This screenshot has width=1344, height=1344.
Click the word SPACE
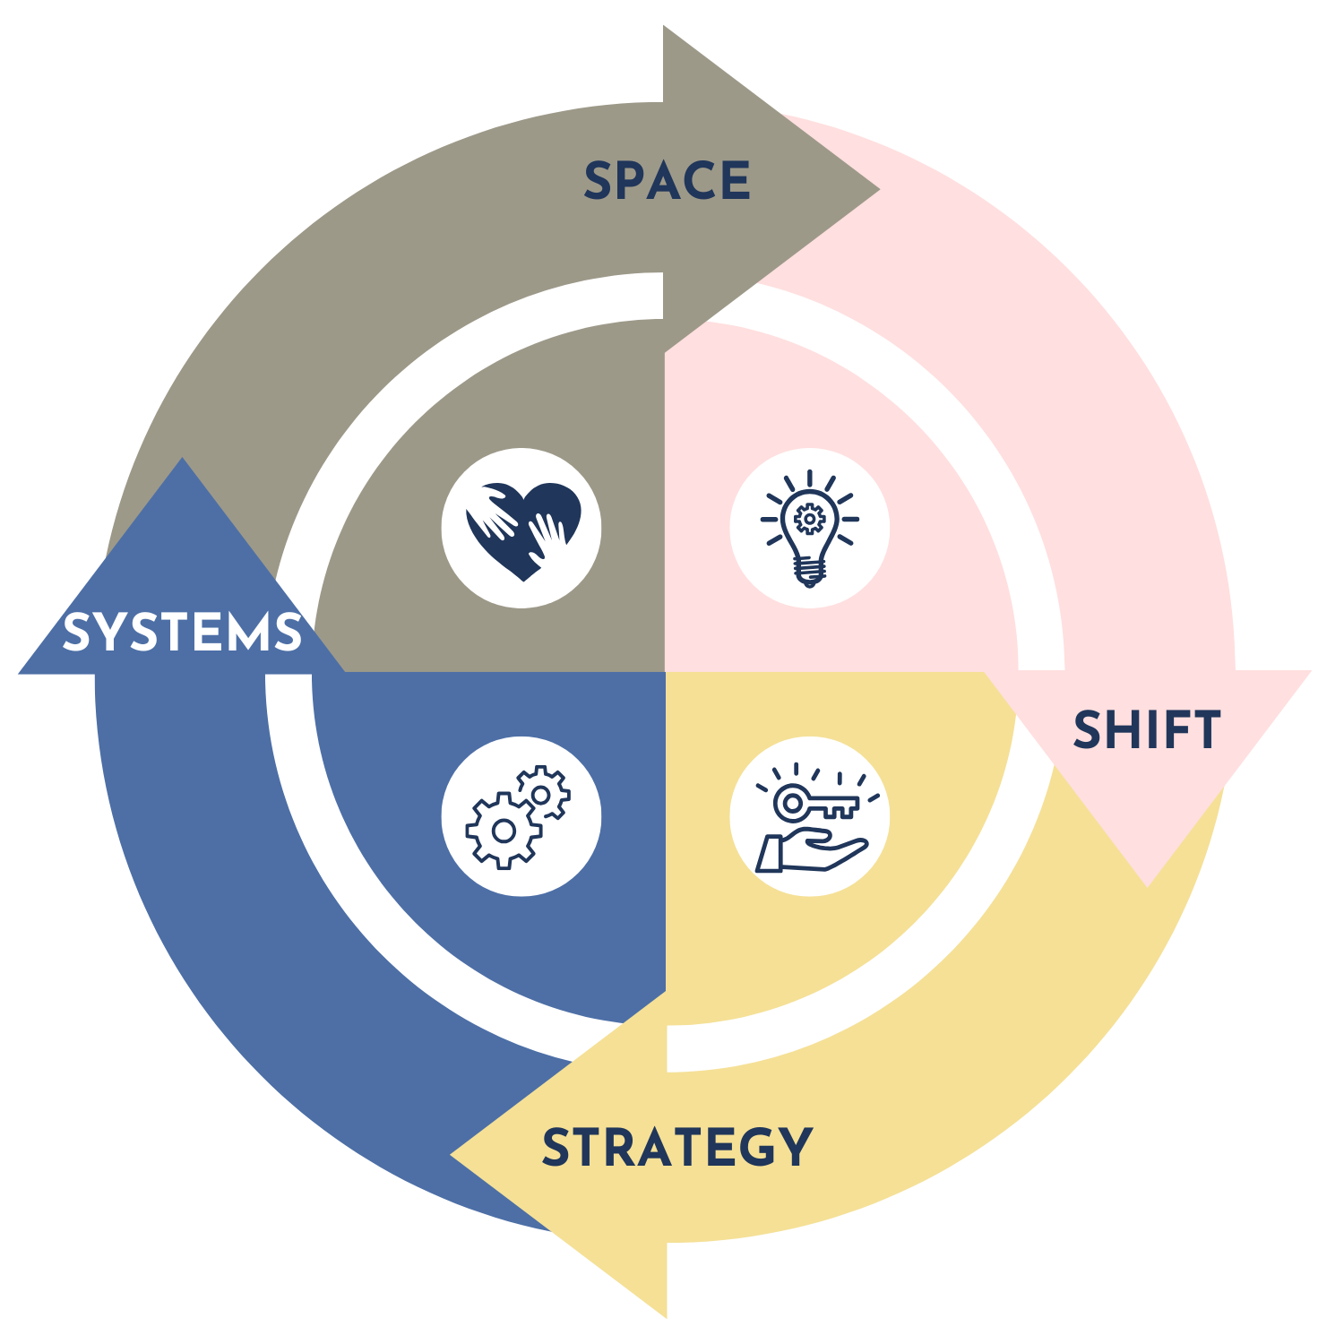pyautogui.click(x=668, y=181)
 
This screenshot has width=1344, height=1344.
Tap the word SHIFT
pyautogui.click(x=1147, y=730)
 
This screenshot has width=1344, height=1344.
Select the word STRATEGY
pyautogui.click(x=677, y=1148)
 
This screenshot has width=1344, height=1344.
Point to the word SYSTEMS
pyautogui.click(x=183, y=633)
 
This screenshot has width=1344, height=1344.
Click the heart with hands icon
pyautogui.click(x=522, y=529)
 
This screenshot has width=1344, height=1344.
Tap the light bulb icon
pyautogui.click(x=810, y=529)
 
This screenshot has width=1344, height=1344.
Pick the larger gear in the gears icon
pyautogui.click(x=504, y=831)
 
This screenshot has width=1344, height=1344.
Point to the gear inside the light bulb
pyautogui.click(x=810, y=518)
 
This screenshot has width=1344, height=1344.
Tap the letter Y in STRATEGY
pyautogui.click(x=794, y=1148)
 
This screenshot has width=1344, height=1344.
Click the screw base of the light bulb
pyautogui.click(x=809, y=570)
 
